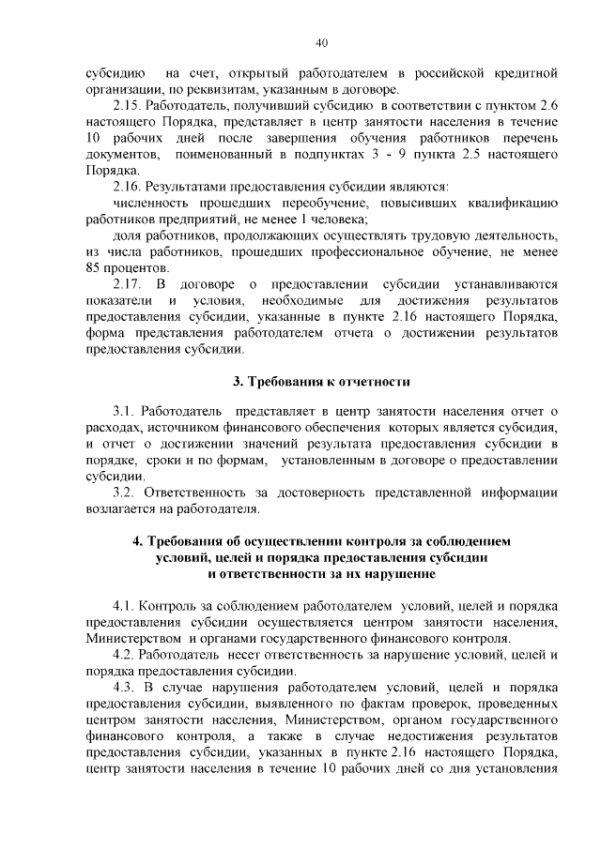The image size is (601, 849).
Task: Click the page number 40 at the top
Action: coord(321,43)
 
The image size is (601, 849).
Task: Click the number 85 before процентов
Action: coord(92,267)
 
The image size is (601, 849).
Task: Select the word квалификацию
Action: coord(508,203)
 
